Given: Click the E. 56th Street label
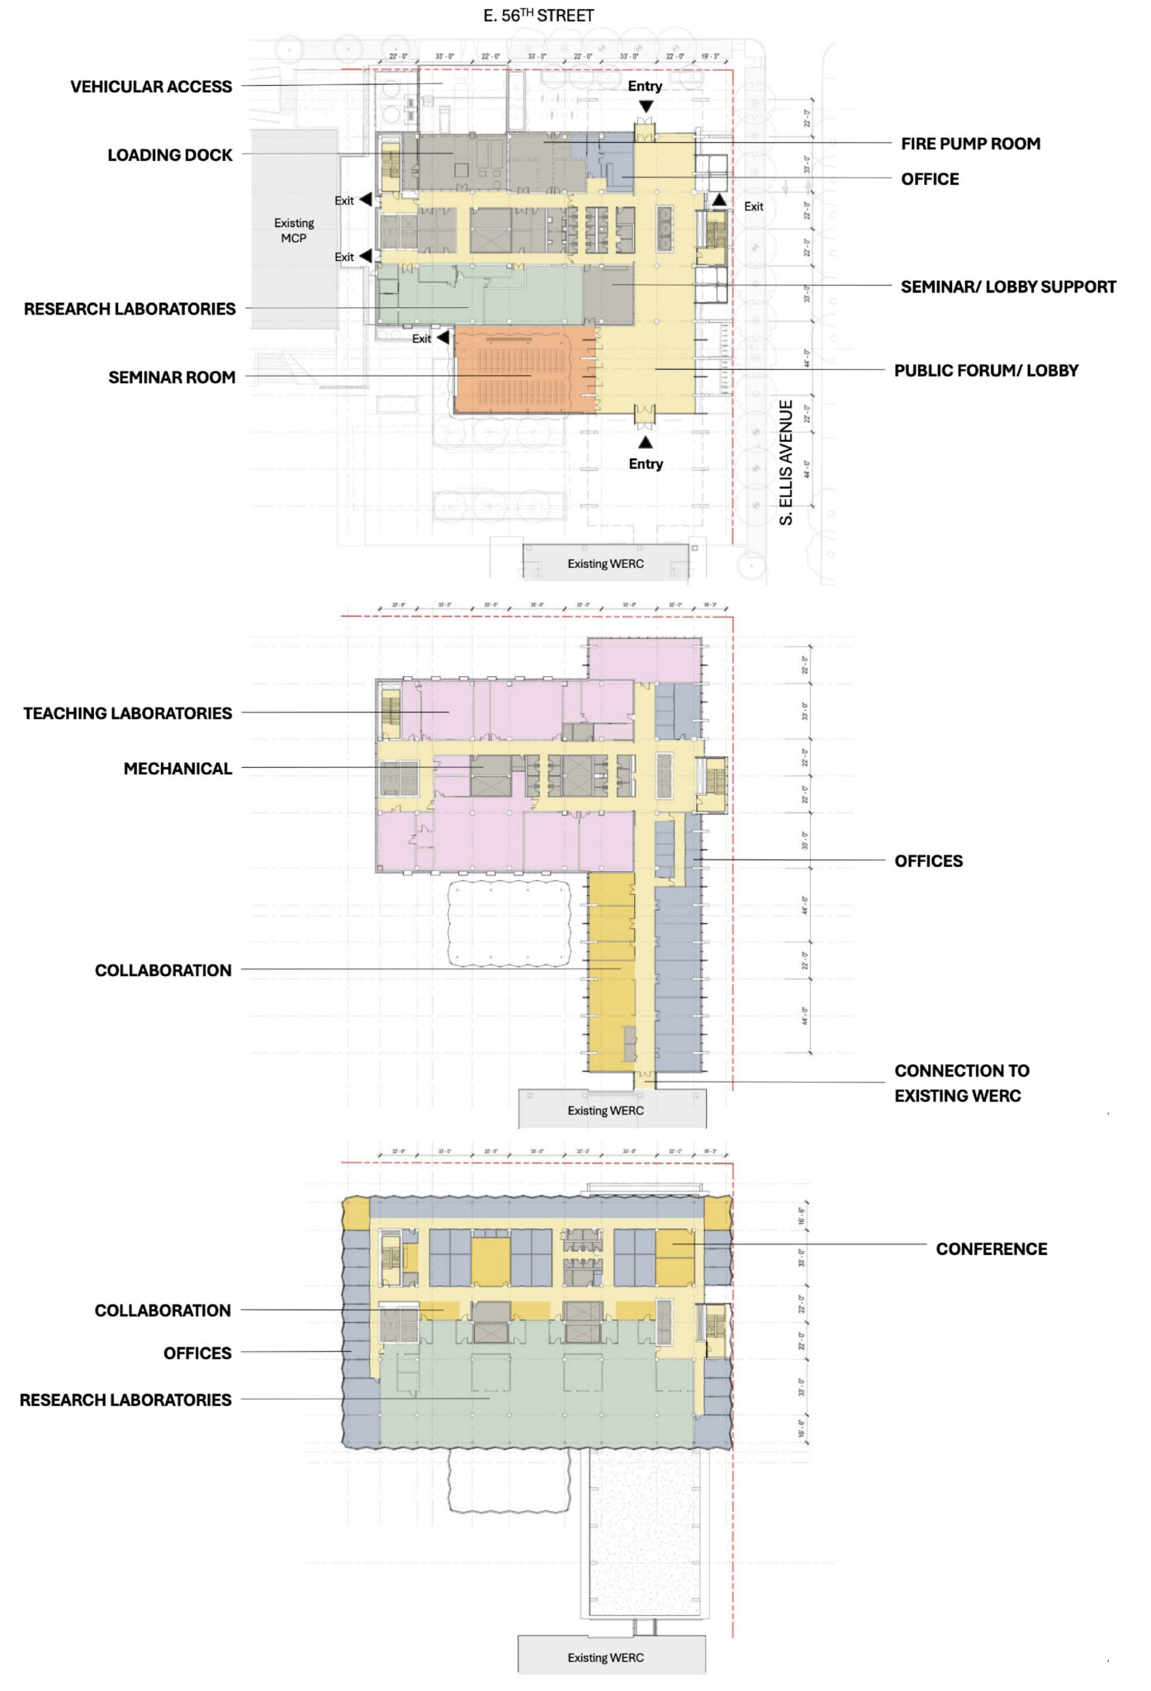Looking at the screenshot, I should pyautogui.click(x=538, y=16).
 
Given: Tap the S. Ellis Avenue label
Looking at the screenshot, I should pyautogui.click(x=786, y=462).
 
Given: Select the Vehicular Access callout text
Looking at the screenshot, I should pyautogui.click(x=151, y=87).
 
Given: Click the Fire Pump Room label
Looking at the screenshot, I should pyautogui.click(x=970, y=144).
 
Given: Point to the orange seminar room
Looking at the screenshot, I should pyautogui.click(x=524, y=370).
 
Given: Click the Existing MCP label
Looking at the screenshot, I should pyautogui.click(x=294, y=230).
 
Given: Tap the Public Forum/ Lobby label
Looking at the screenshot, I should pyautogui.click(x=986, y=371).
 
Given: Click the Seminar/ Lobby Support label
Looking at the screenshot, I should pyautogui.click(x=1008, y=287).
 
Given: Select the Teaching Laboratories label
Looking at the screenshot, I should pyautogui.click(x=128, y=713).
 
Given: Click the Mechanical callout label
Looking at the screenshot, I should pyautogui.click(x=178, y=769).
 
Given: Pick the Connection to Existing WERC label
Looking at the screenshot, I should pyautogui.click(x=961, y=1083).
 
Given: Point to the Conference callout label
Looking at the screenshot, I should pyautogui.click(x=991, y=1249).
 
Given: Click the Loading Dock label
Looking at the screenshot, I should pyautogui.click(x=170, y=155).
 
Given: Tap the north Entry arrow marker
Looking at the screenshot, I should pyautogui.click(x=647, y=107).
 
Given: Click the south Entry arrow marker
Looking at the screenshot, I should pyautogui.click(x=646, y=443).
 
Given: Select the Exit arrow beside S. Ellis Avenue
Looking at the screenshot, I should pyautogui.click(x=720, y=200).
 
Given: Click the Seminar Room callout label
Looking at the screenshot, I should pyautogui.click(x=172, y=377).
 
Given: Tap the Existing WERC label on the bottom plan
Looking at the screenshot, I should pyautogui.click(x=605, y=1657).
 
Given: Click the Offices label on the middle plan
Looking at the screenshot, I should pyautogui.click(x=928, y=861).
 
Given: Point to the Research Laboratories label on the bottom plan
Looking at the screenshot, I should pyautogui.click(x=126, y=1400).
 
